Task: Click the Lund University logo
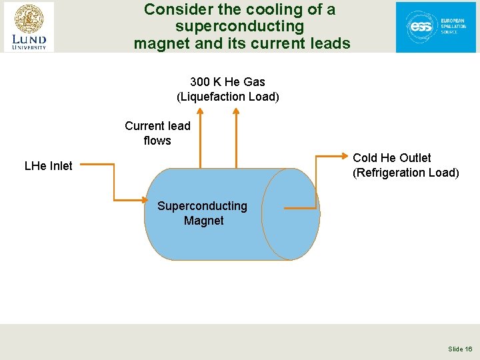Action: pos(28,27)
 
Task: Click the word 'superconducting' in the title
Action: pos(239,27)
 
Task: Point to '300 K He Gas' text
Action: pos(227,82)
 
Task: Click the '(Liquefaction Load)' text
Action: pos(227,97)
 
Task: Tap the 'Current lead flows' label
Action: pos(157,133)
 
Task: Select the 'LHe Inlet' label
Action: pos(48,166)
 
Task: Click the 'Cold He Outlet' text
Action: pos(391,158)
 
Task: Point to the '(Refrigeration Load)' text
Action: pos(405,173)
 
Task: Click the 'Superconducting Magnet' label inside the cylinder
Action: pos(202,213)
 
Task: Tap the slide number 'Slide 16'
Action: pos(460,349)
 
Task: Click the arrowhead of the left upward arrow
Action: pos(199,113)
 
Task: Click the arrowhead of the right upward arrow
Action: pos(235,113)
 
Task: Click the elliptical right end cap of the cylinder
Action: pos(291,214)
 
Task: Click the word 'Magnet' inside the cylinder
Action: pos(203,221)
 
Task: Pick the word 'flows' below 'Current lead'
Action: pos(157,141)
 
